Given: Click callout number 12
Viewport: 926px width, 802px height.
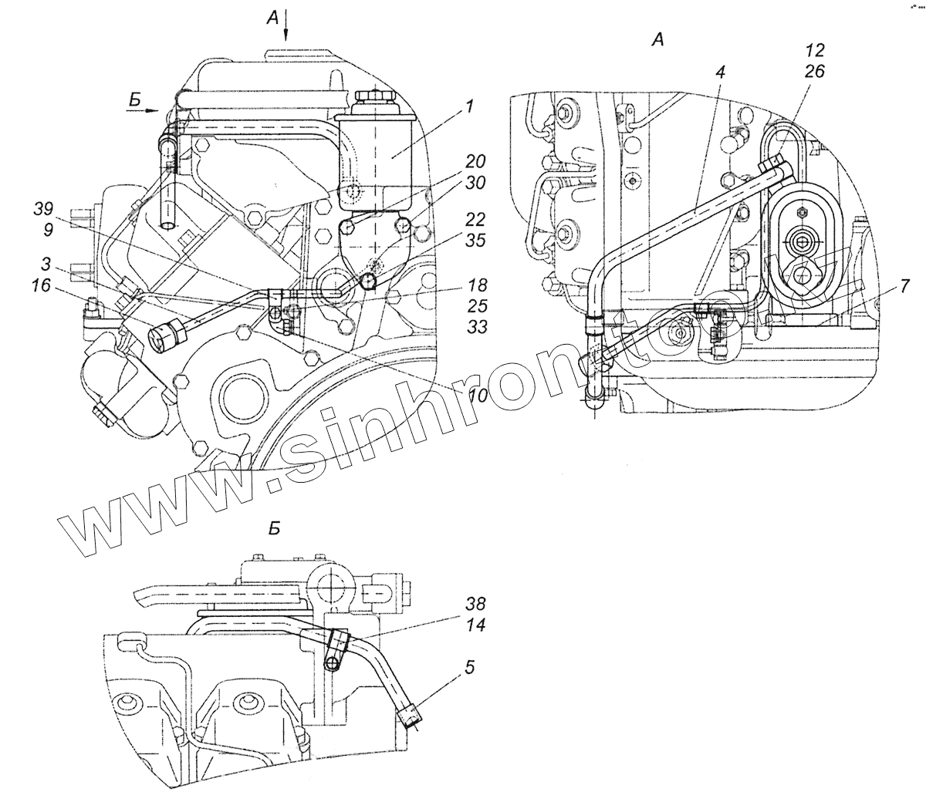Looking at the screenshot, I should point(815,50).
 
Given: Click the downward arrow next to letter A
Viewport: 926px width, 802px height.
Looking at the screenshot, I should point(286,27).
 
